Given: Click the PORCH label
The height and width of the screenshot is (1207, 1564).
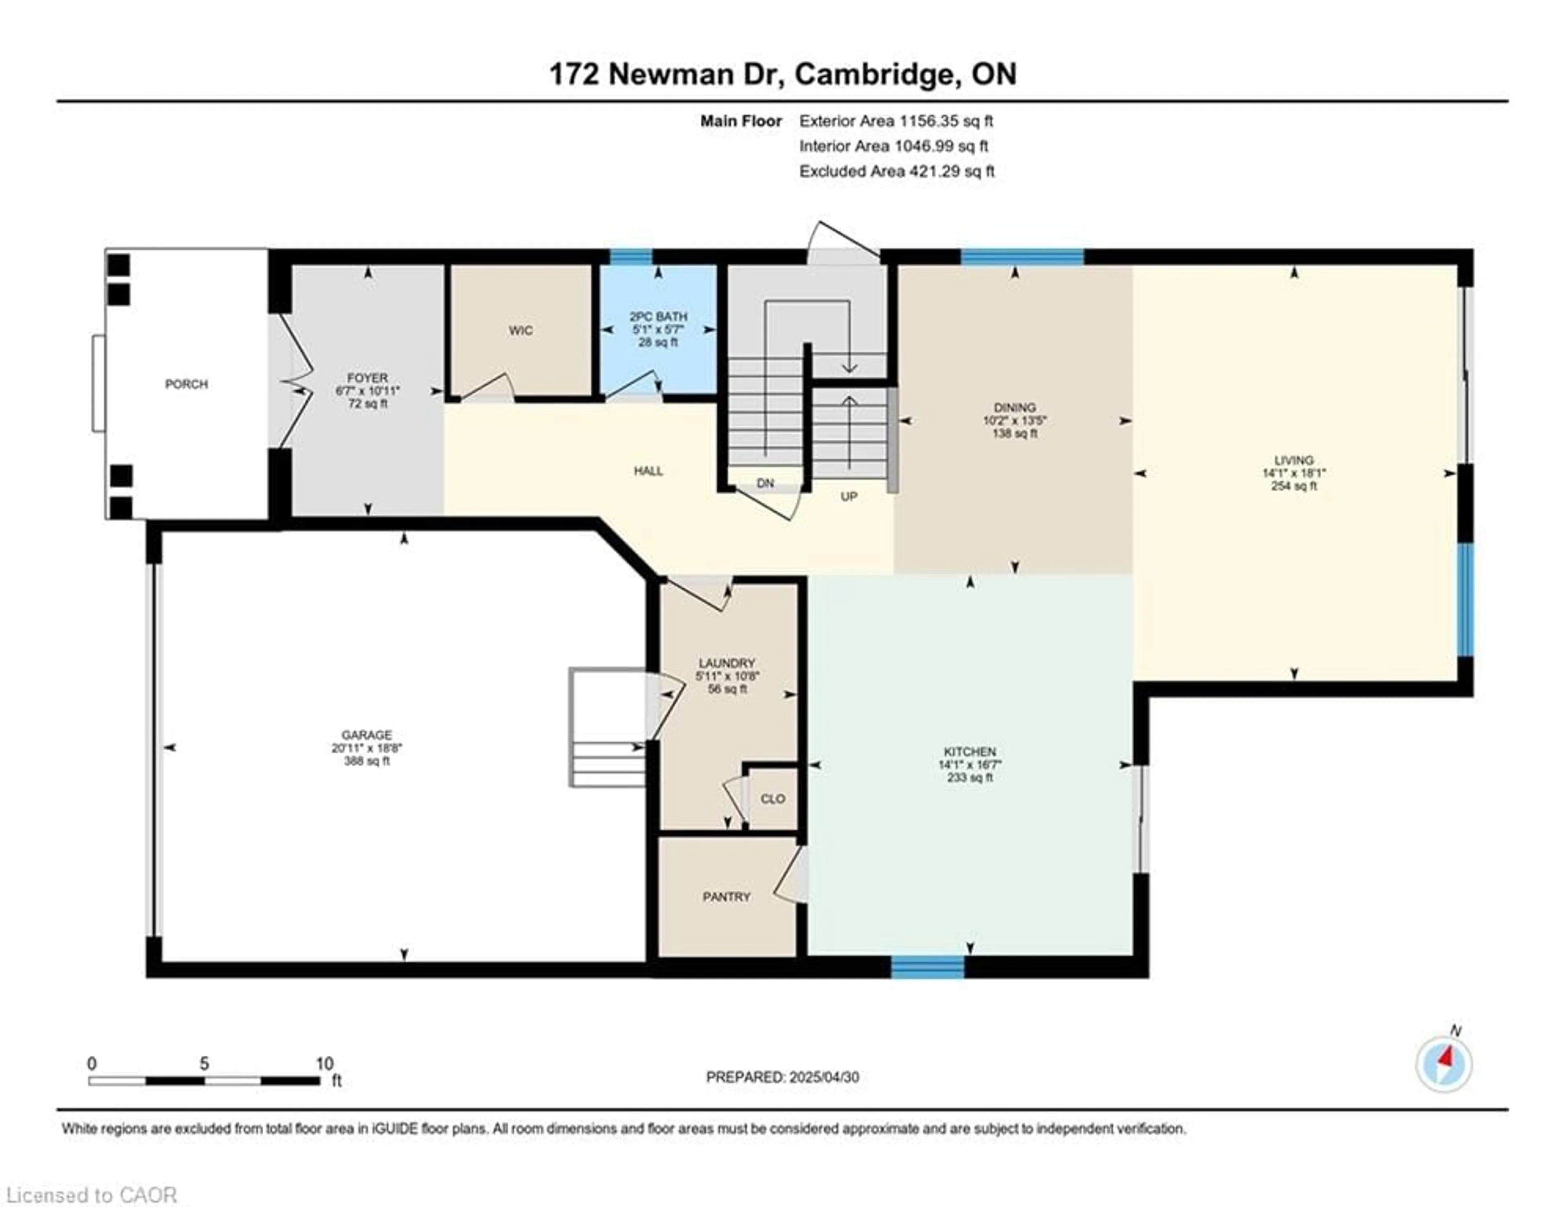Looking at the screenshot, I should [x=186, y=384].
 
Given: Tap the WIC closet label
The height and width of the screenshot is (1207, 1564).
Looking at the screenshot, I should [x=521, y=330].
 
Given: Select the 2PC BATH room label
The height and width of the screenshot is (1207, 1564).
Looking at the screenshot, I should [x=658, y=316].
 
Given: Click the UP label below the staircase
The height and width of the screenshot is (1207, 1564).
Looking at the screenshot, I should [x=849, y=496].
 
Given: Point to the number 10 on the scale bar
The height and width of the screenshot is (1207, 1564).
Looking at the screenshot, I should [x=324, y=1064].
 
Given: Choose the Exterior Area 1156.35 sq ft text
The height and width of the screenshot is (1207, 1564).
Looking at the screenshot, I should [x=896, y=121].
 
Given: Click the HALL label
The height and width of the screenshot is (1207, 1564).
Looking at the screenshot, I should [x=648, y=471].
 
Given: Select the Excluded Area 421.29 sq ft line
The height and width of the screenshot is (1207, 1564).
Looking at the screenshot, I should [x=896, y=171].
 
